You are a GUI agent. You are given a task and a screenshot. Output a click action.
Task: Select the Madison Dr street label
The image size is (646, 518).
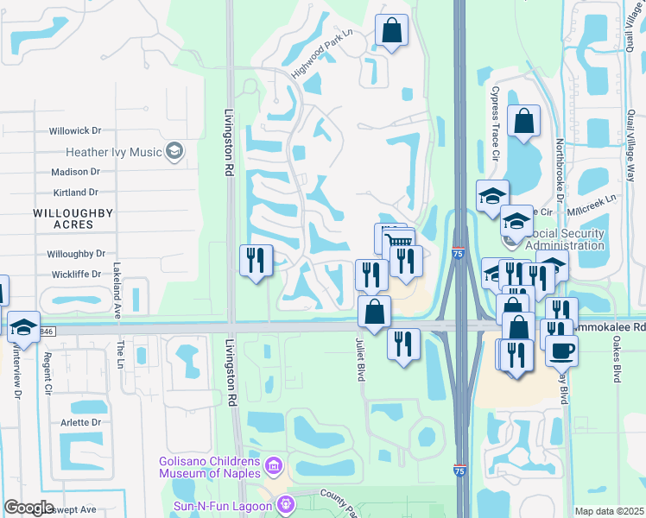coord(77,172)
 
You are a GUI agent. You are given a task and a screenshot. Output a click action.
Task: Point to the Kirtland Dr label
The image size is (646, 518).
coord(75,193)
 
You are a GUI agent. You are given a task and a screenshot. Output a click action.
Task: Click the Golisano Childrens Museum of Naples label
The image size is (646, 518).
coord(211,467)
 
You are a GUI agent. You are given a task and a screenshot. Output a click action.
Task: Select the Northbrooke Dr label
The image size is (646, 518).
coord(559,168)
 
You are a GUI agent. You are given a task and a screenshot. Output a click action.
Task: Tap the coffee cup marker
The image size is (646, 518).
coord(561,350)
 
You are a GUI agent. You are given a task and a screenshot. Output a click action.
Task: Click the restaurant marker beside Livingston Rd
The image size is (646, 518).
coord(256,260)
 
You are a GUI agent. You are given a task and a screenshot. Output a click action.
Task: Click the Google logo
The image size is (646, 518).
coord(28,509)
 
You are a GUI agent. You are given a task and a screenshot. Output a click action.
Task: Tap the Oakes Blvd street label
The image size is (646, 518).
coord(617,363)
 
